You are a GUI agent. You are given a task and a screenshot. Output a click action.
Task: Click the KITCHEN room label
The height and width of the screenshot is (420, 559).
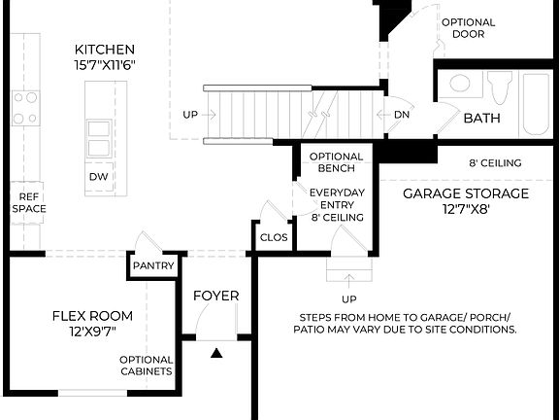point(105,49)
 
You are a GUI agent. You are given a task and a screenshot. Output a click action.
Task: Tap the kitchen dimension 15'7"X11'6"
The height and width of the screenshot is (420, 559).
point(105,65)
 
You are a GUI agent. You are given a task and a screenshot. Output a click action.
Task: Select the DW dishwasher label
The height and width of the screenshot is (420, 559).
point(97,177)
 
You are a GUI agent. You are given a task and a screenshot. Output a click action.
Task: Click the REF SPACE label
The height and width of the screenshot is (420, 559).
point(29,202)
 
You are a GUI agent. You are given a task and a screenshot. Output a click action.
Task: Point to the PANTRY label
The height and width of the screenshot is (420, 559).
point(154,265)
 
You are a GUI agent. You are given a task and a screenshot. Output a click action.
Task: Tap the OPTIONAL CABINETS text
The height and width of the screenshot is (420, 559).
point(146,365)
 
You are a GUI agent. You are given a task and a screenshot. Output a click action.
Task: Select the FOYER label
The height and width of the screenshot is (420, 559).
point(215,296)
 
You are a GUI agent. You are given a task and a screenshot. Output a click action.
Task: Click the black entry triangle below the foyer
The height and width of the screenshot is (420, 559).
point(217,355)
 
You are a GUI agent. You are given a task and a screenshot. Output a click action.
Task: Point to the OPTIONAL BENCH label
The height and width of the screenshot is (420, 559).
point(336,162)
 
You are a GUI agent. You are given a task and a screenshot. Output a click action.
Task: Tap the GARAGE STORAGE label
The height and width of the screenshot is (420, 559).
point(466,193)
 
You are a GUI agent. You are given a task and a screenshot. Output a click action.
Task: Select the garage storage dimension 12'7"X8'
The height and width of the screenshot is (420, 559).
point(466,209)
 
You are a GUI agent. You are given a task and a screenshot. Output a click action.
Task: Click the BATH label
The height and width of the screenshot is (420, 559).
point(481,119)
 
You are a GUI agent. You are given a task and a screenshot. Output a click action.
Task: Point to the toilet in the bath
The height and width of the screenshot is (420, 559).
point(499,87)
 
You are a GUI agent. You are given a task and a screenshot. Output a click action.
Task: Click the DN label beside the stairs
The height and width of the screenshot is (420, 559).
point(402,115)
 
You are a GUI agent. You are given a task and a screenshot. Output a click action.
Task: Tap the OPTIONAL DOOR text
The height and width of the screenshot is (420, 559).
point(468,28)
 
